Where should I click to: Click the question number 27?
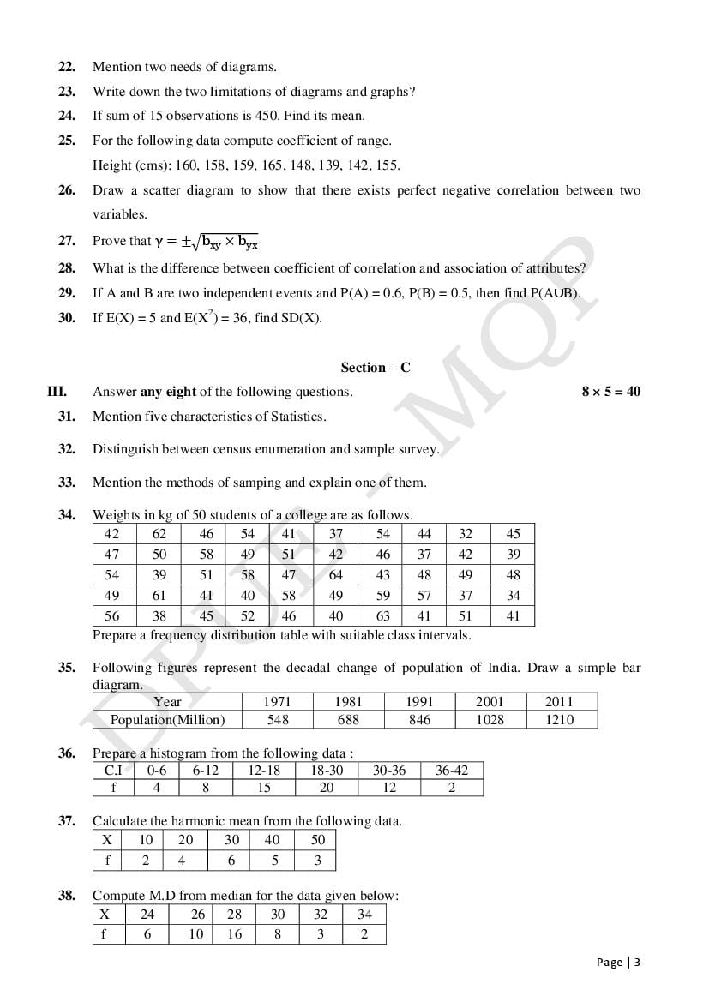coord(66,241)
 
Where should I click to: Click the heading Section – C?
coord(376,368)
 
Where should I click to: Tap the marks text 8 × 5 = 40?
coord(610,392)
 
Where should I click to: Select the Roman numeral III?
coord(57,392)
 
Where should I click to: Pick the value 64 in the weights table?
coord(335,575)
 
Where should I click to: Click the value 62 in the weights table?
coord(159,534)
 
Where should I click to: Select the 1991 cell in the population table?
coord(419,701)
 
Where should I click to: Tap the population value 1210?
coord(559,720)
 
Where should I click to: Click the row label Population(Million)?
coord(167,720)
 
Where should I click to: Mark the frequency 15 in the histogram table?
coord(264,788)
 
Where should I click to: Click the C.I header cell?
coord(113,770)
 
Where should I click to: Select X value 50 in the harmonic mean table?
coord(317,840)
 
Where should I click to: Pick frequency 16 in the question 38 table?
coord(234,934)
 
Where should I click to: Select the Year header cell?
coord(167,701)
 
